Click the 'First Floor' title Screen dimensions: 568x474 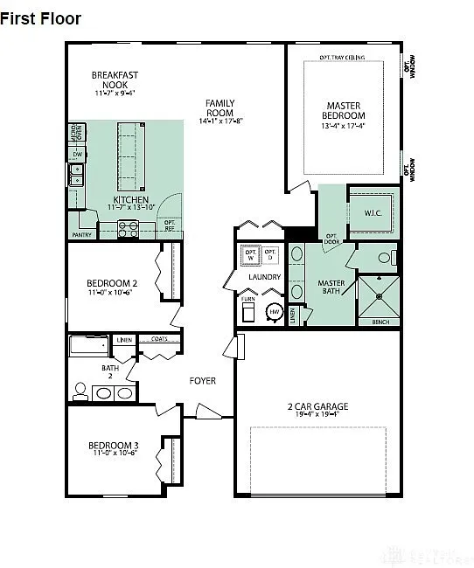pos(41,18)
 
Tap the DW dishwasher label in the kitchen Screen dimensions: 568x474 pos(78,154)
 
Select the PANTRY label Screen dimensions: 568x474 pos(81,234)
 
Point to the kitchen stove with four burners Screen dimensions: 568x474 pos(128,229)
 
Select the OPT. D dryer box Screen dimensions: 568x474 pos(270,256)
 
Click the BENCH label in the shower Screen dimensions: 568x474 pos(380,322)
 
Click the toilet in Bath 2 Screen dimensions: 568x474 pos(80,391)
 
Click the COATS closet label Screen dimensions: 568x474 pos(159,339)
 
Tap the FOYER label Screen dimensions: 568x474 pos(203,381)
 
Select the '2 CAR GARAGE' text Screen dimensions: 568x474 pos(317,406)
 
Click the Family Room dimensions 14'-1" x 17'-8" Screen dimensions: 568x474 pos(220,121)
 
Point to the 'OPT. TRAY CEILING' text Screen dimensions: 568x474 pos(342,58)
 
